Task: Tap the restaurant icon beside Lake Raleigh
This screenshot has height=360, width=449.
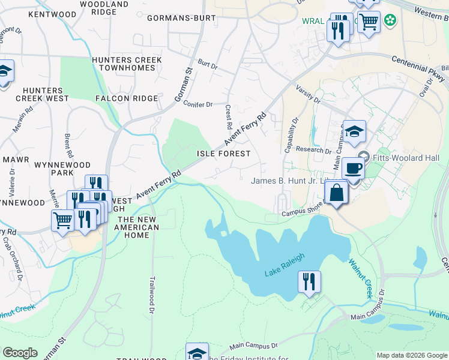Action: tap(309, 281)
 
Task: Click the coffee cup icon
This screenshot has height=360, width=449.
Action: tap(353, 169)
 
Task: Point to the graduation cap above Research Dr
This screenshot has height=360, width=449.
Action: tap(354, 131)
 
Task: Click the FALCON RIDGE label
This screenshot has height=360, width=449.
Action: tap(127, 98)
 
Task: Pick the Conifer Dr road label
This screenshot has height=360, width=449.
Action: tap(198, 104)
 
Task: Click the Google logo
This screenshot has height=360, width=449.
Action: tap(20, 353)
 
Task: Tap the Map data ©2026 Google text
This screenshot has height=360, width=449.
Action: tap(411, 355)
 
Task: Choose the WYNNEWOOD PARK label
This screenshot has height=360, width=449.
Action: tap(62, 169)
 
